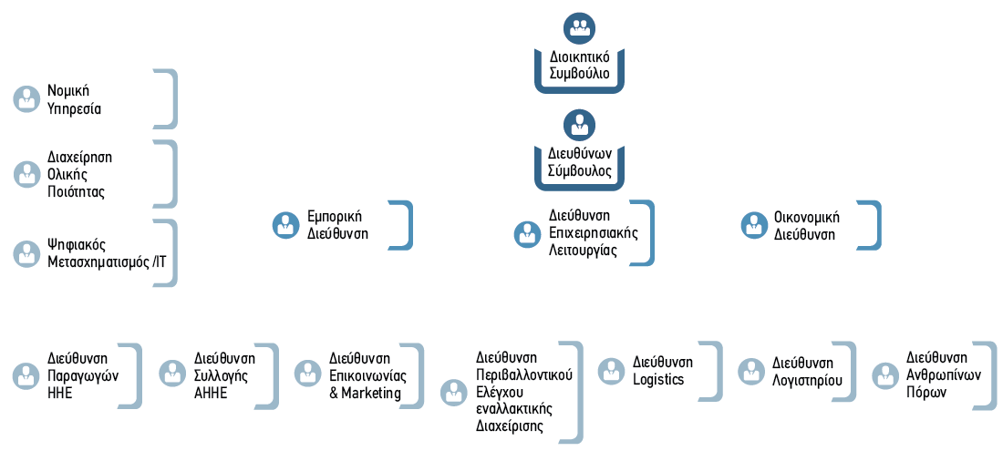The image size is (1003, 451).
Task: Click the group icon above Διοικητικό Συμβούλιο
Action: (580, 28)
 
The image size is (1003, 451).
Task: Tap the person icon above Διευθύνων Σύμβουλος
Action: (580, 125)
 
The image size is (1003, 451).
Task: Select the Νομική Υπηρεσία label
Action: (74, 99)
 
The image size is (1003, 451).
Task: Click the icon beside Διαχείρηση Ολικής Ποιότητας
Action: (26, 174)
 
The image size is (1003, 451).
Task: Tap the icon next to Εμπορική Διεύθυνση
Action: (286, 226)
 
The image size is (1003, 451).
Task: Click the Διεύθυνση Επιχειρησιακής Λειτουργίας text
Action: (594, 232)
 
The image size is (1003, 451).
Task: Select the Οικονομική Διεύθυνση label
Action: (807, 226)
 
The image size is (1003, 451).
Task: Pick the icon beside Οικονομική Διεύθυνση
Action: (755, 226)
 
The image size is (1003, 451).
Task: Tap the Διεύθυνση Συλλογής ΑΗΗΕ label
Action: (224, 375)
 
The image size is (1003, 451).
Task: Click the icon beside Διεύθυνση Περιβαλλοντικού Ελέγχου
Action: (454, 393)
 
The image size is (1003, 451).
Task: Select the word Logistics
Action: (659, 379)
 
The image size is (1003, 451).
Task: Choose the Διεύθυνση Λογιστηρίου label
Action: (807, 372)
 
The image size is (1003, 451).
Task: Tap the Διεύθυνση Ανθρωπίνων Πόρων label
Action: (944, 375)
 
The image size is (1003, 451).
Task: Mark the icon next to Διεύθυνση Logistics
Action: (612, 372)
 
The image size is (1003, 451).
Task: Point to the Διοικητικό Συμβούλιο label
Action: (580, 65)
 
